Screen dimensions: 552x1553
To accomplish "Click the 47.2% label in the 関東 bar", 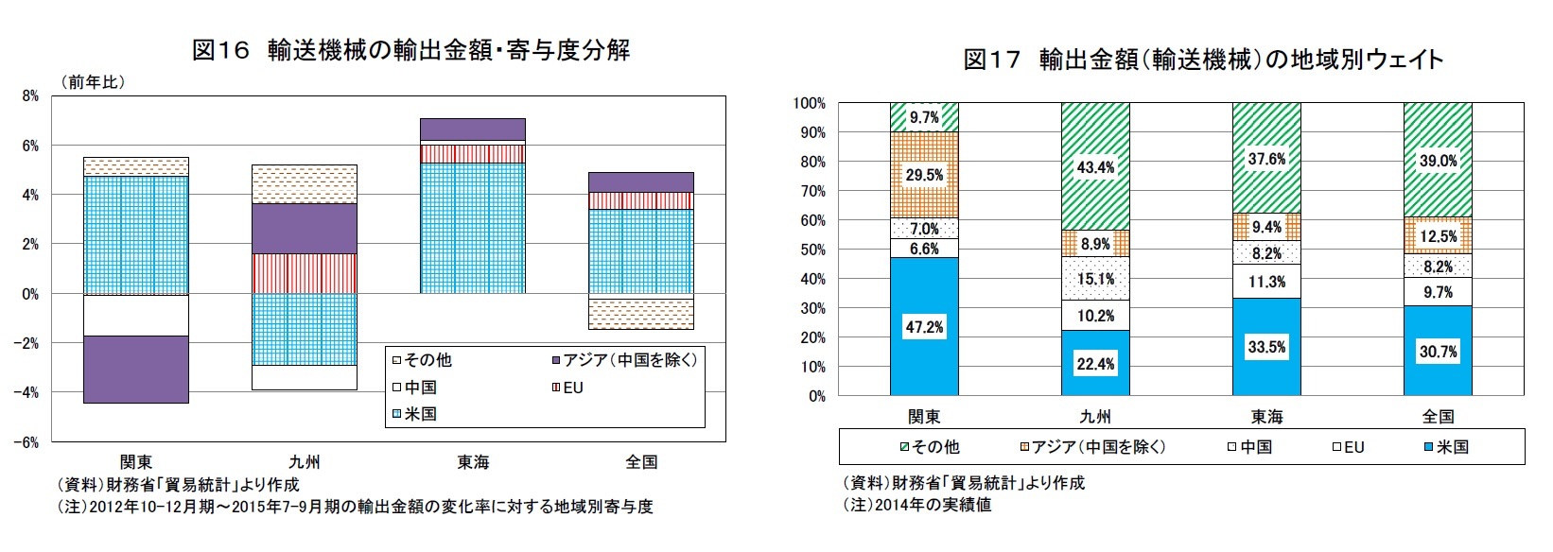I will [924, 327].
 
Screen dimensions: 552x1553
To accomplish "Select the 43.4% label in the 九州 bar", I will [1095, 167].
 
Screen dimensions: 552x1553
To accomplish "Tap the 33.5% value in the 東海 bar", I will [1266, 347].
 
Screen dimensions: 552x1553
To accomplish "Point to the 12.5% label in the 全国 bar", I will [1438, 236].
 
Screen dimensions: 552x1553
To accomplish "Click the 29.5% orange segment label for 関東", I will [924, 175].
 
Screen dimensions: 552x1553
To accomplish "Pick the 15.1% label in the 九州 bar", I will [1095, 279].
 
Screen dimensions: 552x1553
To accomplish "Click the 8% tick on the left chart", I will [31, 96].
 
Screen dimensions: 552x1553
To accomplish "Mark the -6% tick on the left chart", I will [28, 441].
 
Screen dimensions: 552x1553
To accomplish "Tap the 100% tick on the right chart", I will [810, 103].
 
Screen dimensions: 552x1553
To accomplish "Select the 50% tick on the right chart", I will [812, 250].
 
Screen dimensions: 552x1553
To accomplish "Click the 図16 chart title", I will [410, 50].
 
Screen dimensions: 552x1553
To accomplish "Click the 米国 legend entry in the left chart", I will [415, 414].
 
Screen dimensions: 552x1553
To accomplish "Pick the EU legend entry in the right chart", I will [1349, 447].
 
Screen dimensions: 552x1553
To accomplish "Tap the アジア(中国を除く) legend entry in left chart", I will [623, 360].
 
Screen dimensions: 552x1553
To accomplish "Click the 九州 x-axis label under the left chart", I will [305, 462].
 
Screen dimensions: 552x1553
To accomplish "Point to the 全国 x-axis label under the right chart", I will [1438, 417].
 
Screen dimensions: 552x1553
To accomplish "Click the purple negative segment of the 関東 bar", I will [136, 370].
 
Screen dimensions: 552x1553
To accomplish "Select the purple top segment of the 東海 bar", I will [473, 129].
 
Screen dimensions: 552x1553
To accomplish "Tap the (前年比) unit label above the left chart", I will [93, 82].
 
